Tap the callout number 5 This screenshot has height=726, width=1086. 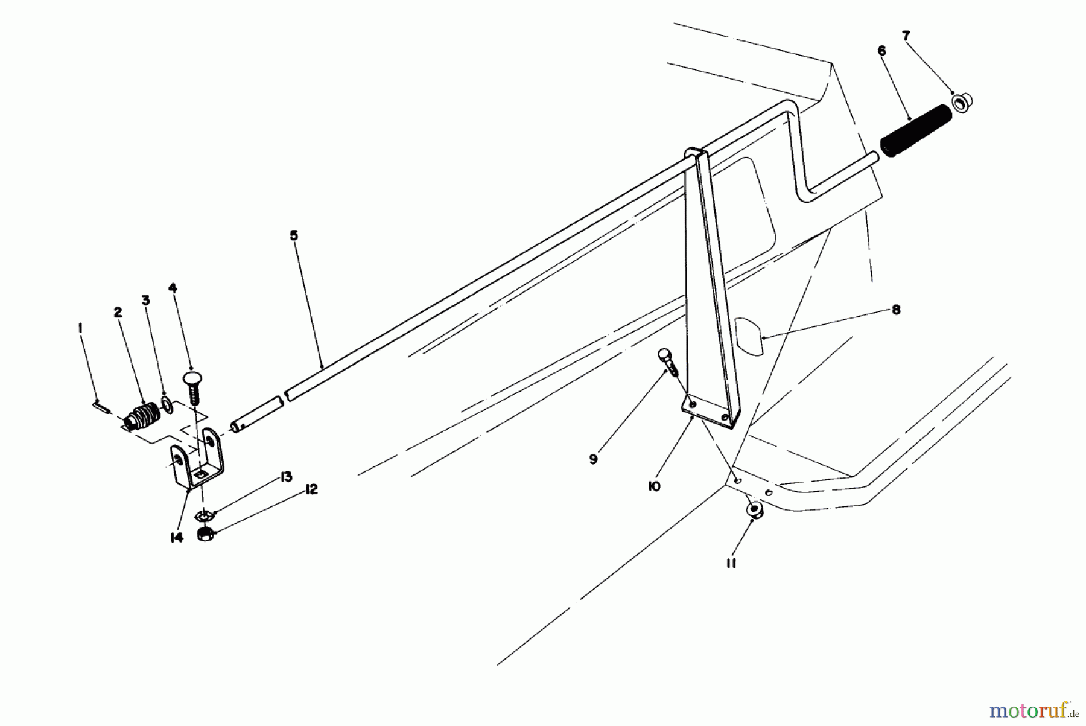coord(294,235)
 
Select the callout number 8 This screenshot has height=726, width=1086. coord(896,310)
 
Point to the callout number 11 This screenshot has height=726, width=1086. coord(731,564)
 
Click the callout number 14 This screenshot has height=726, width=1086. coord(176,537)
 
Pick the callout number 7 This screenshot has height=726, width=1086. coord(906,36)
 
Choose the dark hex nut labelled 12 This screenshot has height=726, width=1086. coord(206,533)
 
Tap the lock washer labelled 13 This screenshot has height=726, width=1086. coord(205,516)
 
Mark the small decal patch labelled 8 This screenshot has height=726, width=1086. coord(749,335)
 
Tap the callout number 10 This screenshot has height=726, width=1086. coord(654,486)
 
